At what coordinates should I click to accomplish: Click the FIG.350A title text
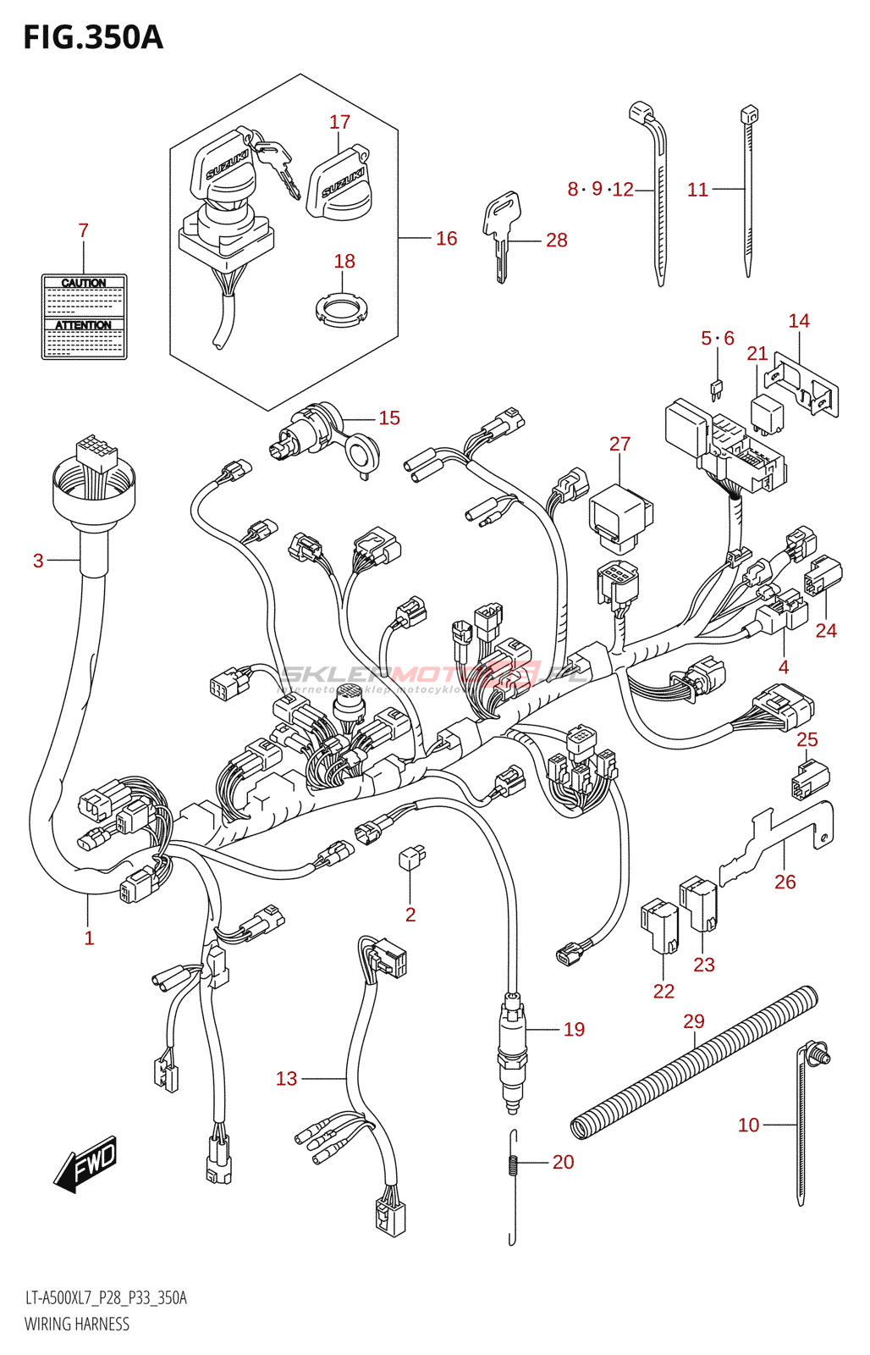click(93, 38)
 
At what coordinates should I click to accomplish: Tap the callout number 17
click(339, 122)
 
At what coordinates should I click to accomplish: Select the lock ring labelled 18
click(343, 310)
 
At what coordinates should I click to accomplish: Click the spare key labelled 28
click(501, 229)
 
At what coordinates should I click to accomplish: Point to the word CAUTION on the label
click(84, 283)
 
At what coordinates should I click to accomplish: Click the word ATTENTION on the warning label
click(84, 325)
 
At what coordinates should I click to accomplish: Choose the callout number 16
click(446, 239)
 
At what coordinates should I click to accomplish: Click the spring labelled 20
click(513, 1164)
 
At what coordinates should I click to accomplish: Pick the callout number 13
click(287, 1078)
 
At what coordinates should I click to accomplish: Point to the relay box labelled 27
click(619, 512)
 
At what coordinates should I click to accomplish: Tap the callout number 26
click(785, 882)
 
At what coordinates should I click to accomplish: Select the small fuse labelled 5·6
click(717, 390)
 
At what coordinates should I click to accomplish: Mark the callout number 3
click(38, 561)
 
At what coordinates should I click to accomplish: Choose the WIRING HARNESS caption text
click(77, 1325)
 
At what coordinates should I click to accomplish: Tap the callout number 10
click(748, 1125)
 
